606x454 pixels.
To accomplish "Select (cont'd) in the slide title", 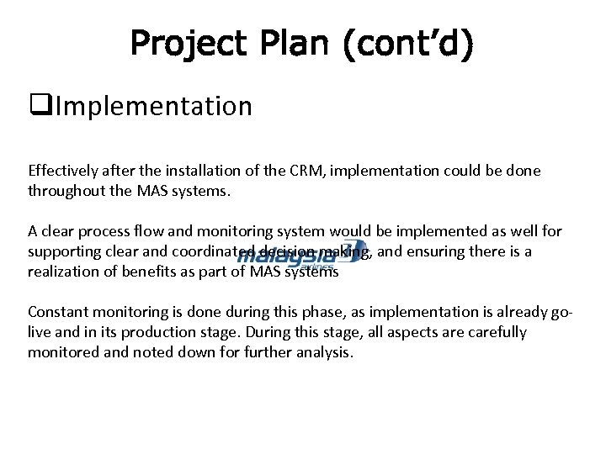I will point(408,44).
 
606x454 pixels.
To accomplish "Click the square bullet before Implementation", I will point(35,107).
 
